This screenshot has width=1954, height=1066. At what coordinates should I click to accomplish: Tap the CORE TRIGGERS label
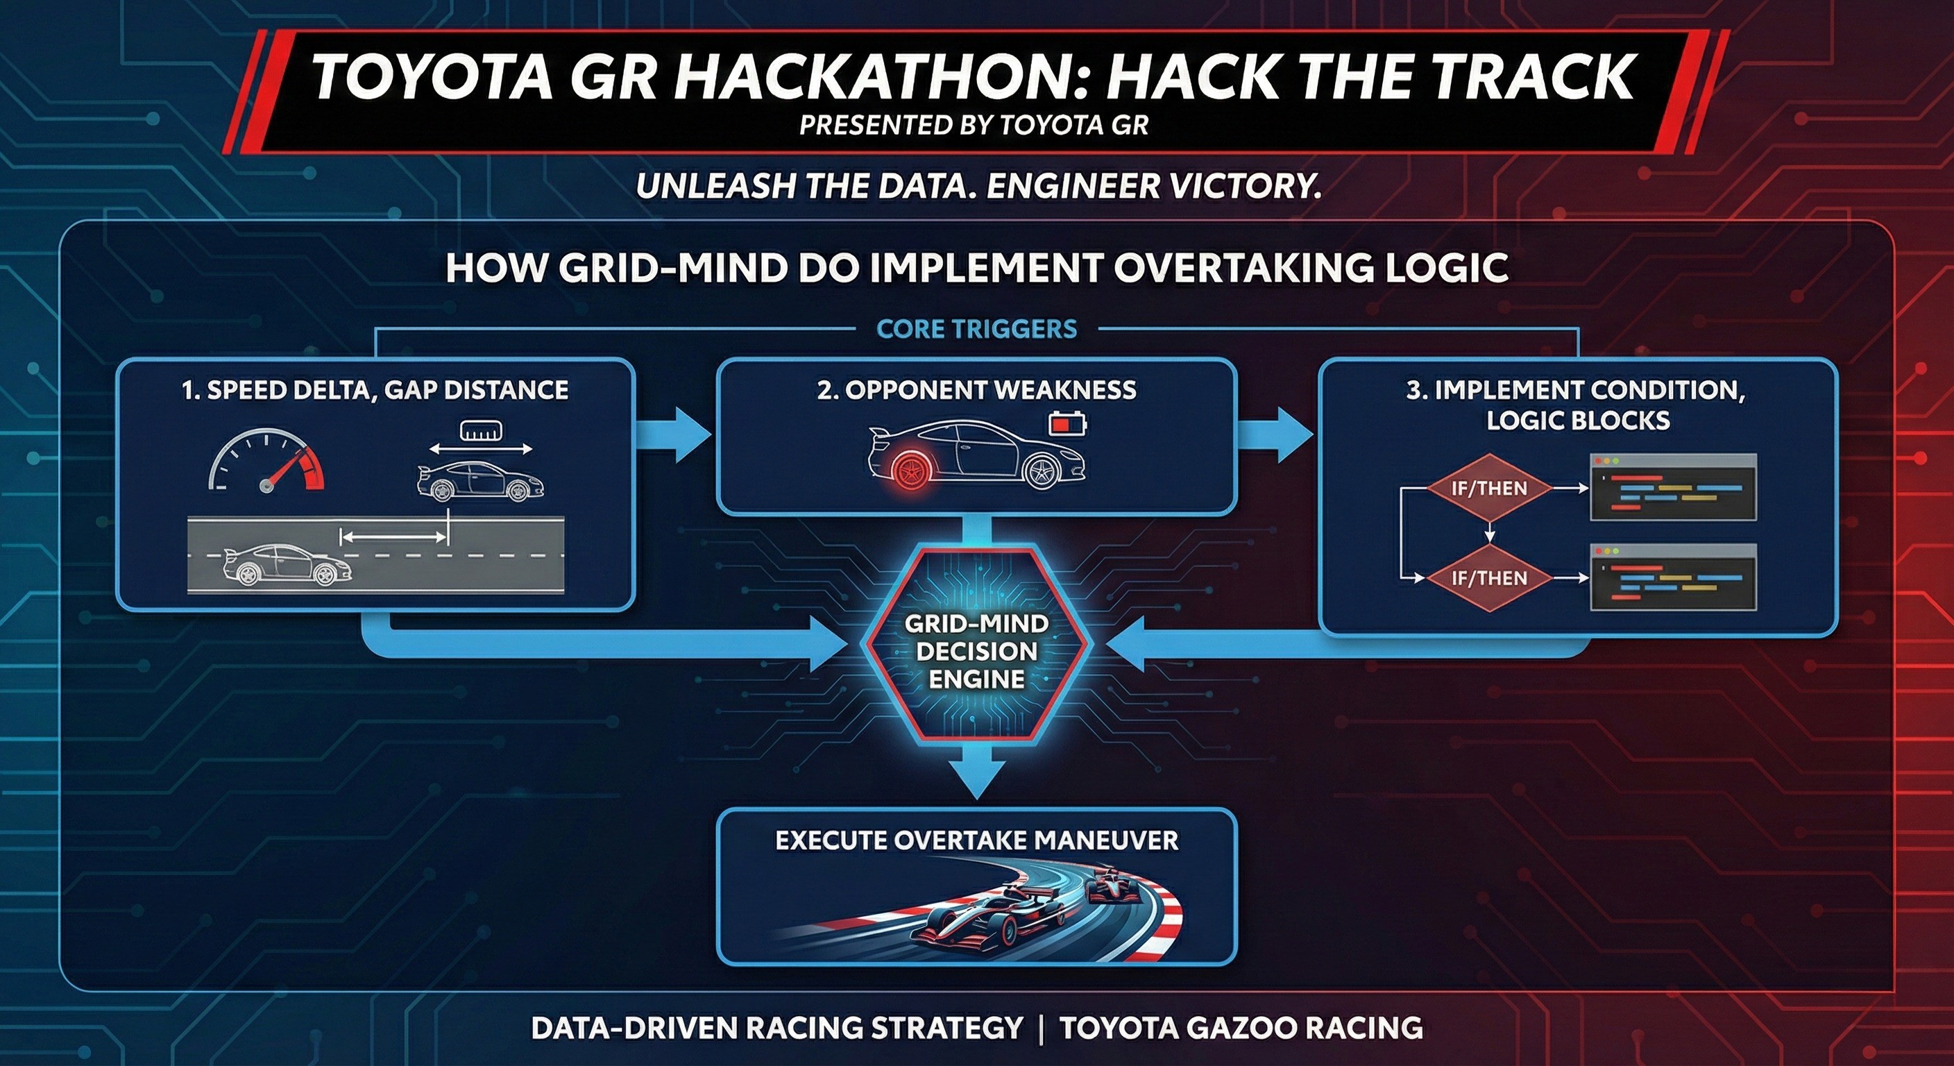click(x=976, y=329)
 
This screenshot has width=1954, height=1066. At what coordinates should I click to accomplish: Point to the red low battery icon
click(x=1068, y=423)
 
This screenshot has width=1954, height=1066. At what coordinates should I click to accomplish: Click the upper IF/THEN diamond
click(x=1488, y=489)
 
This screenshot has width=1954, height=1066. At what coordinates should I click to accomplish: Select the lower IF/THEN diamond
click(x=1488, y=578)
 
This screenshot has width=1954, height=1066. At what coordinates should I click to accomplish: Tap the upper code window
click(x=1672, y=487)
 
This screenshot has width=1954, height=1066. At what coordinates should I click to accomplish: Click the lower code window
click(x=1672, y=577)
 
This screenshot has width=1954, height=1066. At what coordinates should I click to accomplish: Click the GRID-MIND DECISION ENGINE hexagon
click(x=977, y=651)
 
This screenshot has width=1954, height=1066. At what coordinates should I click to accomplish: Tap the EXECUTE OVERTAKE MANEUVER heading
click(x=977, y=840)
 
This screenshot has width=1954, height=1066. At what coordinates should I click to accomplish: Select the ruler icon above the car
click(x=482, y=432)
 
